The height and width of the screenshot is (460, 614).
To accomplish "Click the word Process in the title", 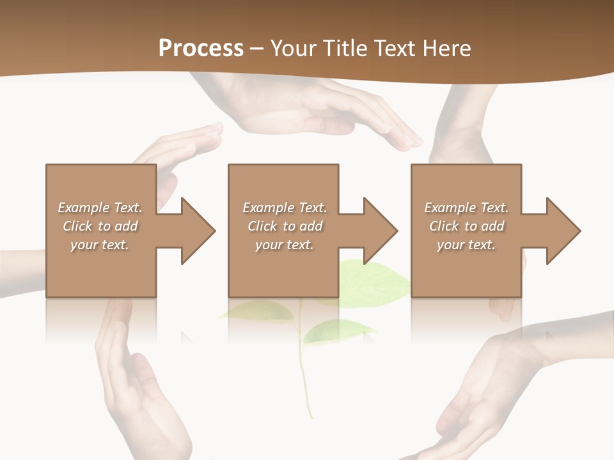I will point(201,49).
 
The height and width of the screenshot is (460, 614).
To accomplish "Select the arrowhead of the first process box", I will point(197,231).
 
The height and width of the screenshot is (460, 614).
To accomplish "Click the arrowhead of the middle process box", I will point(379,231).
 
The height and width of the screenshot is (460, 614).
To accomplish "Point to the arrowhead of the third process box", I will point(562,231).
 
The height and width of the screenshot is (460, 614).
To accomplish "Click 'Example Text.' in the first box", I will point(100,208).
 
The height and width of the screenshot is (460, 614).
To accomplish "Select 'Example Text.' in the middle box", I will point(284,208).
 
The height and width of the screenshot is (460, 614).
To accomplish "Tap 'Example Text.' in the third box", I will point(466,208).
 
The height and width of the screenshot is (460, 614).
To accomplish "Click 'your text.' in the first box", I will point(100,245).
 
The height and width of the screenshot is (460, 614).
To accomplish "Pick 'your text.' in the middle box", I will point(284,245).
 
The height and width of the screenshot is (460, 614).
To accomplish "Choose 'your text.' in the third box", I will point(466,245).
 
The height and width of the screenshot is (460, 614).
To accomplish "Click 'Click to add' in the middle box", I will point(284,226).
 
